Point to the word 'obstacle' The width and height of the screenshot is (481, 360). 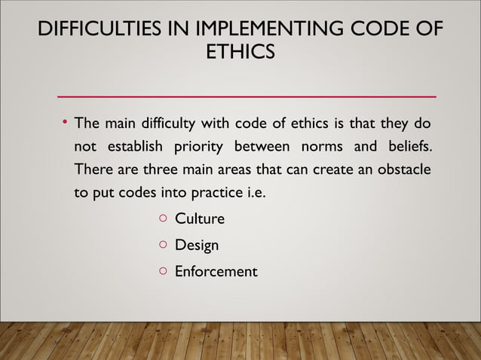[403, 169]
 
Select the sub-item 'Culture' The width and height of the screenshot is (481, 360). [199, 219]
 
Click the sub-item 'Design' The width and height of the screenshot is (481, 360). [197, 246]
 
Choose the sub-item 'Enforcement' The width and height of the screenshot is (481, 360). [216, 271]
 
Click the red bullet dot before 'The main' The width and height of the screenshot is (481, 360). [66, 121]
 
